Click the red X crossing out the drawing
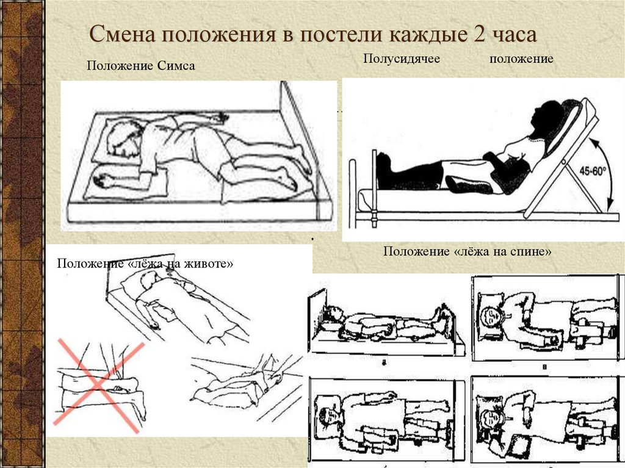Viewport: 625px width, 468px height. click(101, 382)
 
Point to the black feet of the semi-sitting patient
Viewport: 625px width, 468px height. click(383, 171)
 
